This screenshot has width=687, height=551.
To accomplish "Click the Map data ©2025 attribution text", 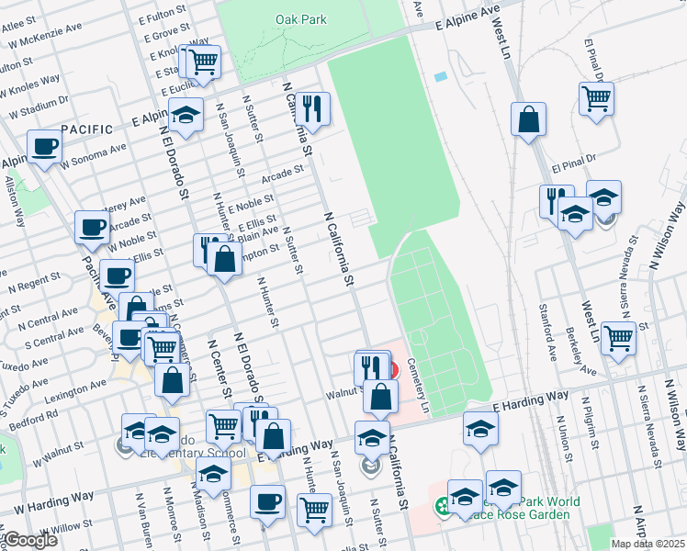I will [x=648, y=544].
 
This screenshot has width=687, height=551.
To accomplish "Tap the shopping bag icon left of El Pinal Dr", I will [x=529, y=118].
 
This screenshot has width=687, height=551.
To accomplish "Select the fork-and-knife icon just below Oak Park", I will [x=314, y=108].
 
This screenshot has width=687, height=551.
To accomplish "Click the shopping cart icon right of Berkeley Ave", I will [x=618, y=336].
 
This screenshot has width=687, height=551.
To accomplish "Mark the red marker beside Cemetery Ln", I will [x=393, y=369].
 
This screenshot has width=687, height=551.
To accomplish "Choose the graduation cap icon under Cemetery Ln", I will [x=480, y=428].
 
